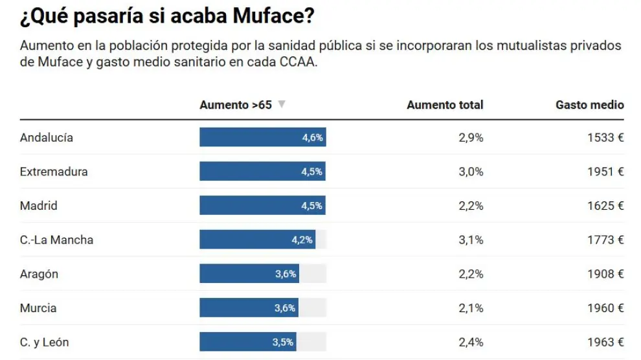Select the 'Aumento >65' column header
click(x=236, y=105)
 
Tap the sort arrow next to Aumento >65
click(x=282, y=104)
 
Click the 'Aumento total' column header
click(x=445, y=105)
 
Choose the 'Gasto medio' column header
click(x=589, y=105)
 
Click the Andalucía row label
click(x=47, y=137)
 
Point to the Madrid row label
click(x=39, y=206)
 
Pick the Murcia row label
click(x=38, y=308)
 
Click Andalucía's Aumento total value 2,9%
click(x=471, y=137)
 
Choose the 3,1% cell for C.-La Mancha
click(x=471, y=240)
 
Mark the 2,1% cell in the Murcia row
click(x=471, y=308)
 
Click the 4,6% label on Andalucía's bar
click(x=312, y=137)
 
